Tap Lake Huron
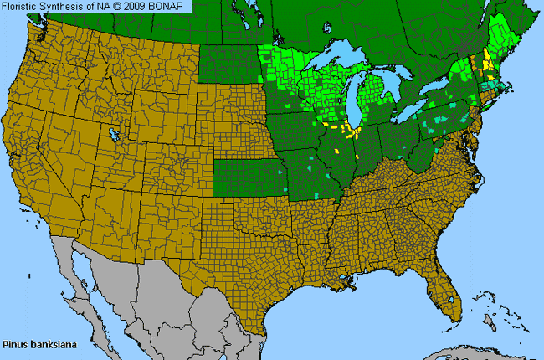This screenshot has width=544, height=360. (393, 80)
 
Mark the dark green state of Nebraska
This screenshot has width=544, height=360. (239, 134)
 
